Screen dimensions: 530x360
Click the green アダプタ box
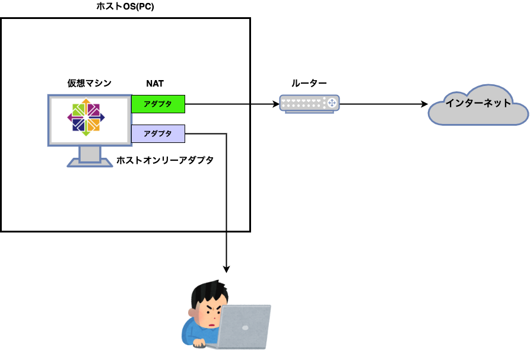click(x=158, y=104)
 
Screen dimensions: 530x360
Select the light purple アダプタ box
click(x=158, y=133)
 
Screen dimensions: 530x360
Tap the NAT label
click(x=155, y=84)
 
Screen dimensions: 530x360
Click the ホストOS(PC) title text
click(x=125, y=6)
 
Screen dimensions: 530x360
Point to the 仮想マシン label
click(x=89, y=83)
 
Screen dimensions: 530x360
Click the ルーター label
click(x=309, y=83)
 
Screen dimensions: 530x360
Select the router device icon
click(x=309, y=104)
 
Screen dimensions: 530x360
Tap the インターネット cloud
click(x=478, y=105)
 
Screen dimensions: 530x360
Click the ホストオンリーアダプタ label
click(x=165, y=160)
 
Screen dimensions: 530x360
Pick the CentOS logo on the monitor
click(x=86, y=117)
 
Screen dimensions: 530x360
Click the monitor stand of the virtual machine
click(x=90, y=157)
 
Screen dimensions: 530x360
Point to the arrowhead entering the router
click(x=276, y=104)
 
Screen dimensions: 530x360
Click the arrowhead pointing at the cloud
click(x=424, y=104)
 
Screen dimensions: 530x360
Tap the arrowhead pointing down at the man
click(x=227, y=269)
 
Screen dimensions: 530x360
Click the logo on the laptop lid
click(x=245, y=327)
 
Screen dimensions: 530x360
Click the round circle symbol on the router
click(x=332, y=103)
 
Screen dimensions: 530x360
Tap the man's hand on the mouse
click(x=199, y=344)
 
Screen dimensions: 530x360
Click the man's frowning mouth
click(x=212, y=325)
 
